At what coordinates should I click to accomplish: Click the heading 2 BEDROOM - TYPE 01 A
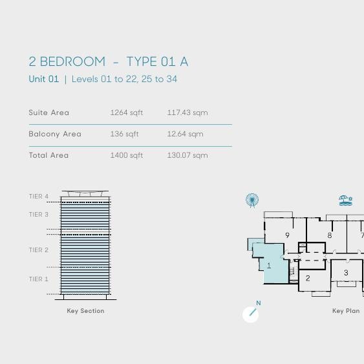coord(109,62)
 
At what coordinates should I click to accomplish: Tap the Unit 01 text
coord(44,80)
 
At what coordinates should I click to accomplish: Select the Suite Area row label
coord(49,112)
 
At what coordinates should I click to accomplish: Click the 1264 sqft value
coord(127,112)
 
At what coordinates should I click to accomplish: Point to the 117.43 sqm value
coord(187,112)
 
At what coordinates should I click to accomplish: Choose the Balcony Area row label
coord(55,134)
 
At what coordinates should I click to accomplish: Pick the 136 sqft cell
coord(125,134)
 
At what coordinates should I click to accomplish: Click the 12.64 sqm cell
coord(186,134)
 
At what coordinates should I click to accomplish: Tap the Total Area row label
coord(48,155)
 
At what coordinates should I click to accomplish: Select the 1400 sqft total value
coord(127,155)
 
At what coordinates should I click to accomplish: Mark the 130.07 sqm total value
coord(187,155)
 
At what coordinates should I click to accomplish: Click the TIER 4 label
coord(39,197)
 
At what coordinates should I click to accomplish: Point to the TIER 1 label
coord(39,279)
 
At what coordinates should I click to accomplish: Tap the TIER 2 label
coord(39,250)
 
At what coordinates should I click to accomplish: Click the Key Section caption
coord(85,311)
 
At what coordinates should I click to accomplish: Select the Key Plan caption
coord(346,311)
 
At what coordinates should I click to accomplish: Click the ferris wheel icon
coord(252,200)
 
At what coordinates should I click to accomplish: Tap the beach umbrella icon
coord(345,200)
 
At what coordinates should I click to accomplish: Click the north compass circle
coord(250,314)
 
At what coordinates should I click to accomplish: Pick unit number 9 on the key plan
coord(287,235)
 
